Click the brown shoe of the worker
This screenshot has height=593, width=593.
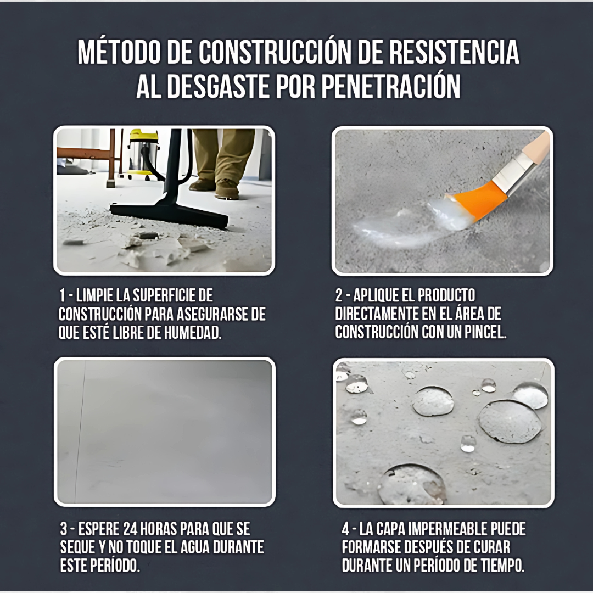[227, 189]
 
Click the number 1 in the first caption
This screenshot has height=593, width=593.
[63, 296]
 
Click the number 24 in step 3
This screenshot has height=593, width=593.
[132, 529]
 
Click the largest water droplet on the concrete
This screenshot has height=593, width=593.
[510, 421]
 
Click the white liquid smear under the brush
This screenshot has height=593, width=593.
[395, 225]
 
